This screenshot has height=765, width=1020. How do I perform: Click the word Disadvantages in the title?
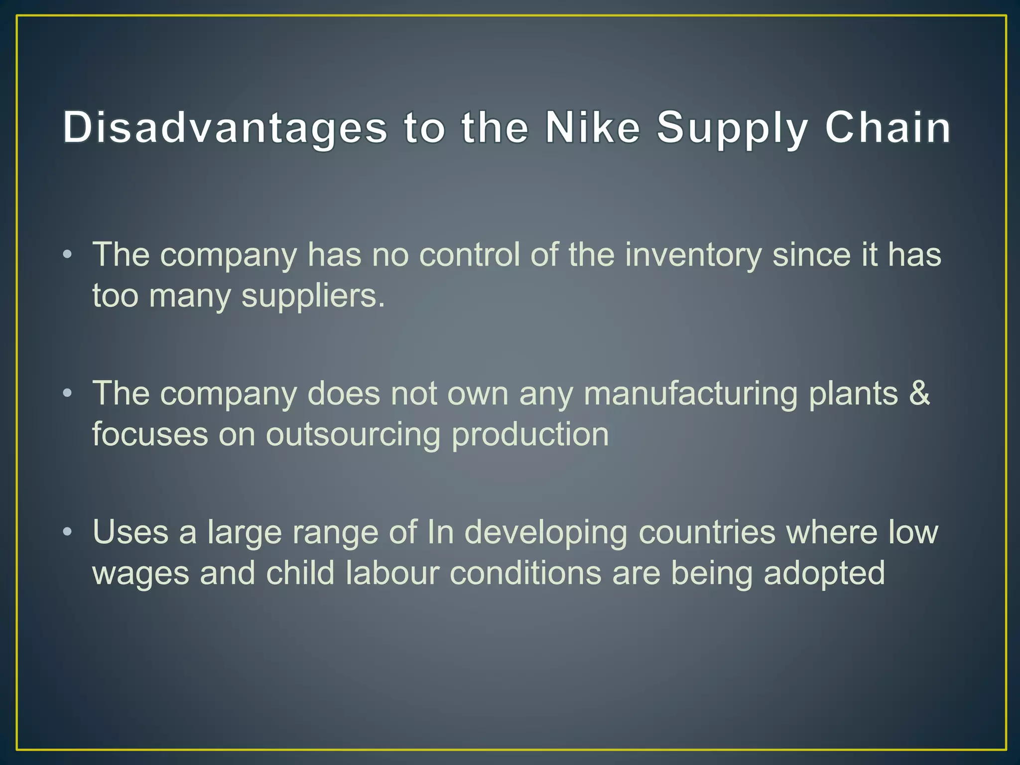(225, 127)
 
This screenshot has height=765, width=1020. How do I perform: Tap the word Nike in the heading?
(592, 127)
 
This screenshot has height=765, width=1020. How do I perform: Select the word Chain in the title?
(888, 127)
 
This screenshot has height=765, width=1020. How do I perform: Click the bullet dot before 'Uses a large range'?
(68, 532)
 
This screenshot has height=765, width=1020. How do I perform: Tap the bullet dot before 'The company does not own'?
(68, 393)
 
